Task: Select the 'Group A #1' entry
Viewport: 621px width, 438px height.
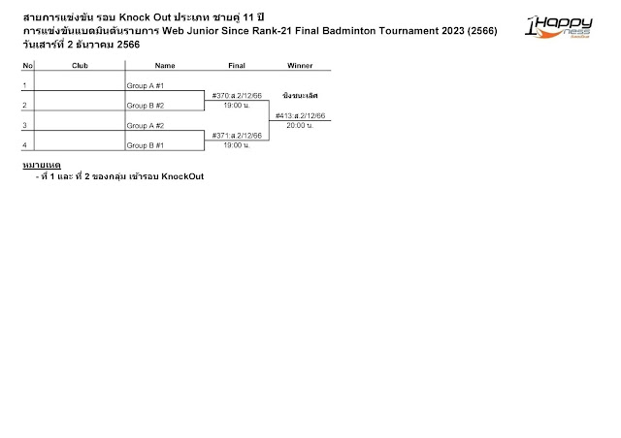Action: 146,85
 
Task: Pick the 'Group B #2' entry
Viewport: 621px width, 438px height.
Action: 146,105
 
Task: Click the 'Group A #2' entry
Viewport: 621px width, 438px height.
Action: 146,125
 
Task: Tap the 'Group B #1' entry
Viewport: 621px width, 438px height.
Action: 146,144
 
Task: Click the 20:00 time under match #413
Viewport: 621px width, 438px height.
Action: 300,125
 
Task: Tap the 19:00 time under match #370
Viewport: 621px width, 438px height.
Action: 236,105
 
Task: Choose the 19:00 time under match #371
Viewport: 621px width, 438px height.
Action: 236,144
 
